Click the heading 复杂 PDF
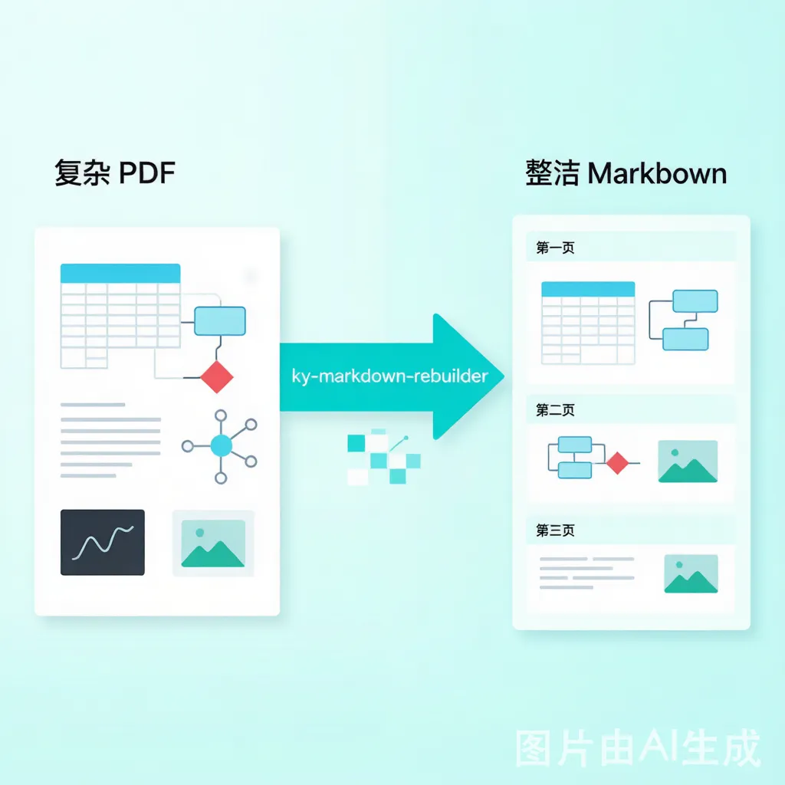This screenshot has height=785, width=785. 115,173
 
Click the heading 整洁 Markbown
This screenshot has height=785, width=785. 626,173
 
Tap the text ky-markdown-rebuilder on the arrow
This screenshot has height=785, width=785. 389,376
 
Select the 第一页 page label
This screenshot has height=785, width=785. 555,248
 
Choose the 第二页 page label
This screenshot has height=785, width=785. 555,410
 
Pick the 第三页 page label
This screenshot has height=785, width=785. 555,530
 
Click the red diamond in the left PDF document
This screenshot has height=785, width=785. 217,377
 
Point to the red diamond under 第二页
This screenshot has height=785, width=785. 617,463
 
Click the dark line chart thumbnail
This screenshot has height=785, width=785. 103,542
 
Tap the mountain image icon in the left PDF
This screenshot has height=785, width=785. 213,544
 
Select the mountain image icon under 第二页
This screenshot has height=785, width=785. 688,461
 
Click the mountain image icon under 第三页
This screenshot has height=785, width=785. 691,573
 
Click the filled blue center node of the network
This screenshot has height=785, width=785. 222,445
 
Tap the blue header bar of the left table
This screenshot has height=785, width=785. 120,274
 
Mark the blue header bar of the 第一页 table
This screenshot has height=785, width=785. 588,289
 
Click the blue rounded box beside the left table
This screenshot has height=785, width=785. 220,321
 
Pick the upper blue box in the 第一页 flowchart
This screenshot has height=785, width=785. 695,301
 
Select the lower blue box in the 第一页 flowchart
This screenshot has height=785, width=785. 685,340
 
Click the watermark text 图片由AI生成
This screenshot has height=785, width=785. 638,748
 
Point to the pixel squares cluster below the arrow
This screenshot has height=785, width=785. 384,457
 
